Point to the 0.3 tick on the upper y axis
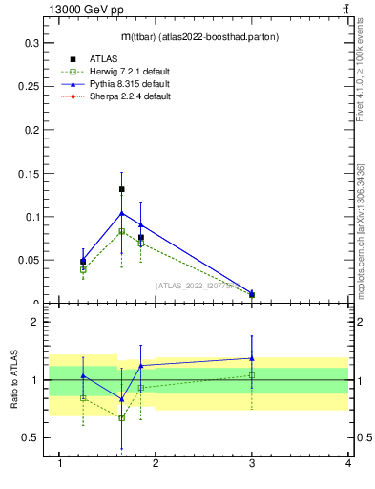coord(28,43)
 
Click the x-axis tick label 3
coord(252,463)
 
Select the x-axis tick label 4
coord(348,463)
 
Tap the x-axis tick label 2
coord(156,463)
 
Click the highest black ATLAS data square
coord(121,189)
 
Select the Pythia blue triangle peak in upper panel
coord(121,213)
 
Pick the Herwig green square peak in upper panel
coord(121,231)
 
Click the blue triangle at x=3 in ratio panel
coord(252,358)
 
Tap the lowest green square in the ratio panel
coord(121,417)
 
